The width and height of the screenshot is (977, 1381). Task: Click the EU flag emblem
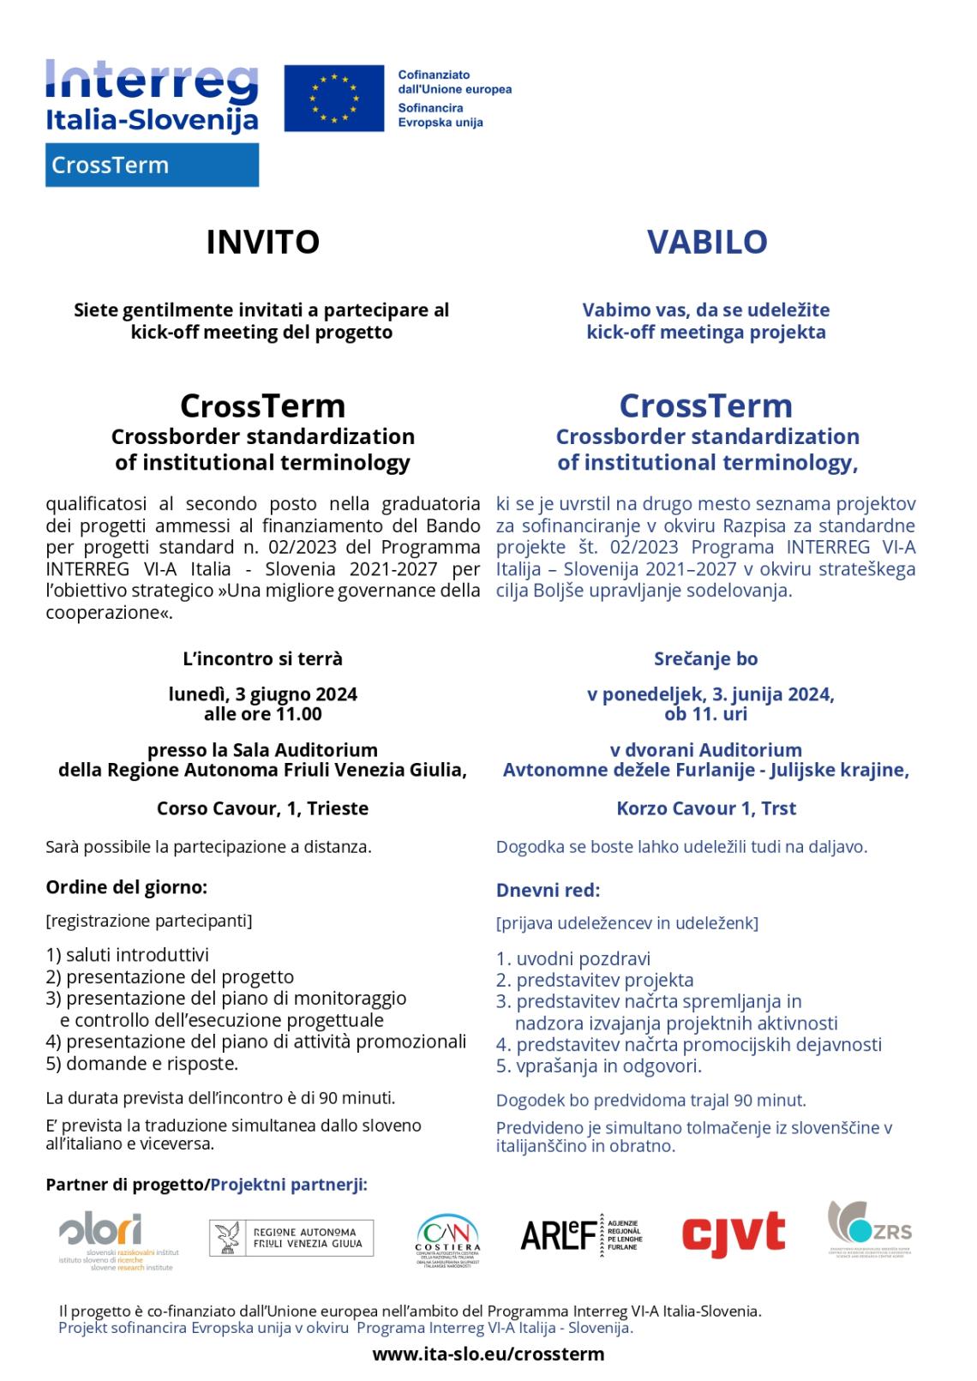[334, 99]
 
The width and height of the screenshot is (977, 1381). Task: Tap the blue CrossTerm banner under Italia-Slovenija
[152, 165]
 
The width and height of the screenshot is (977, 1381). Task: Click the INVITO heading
[262, 242]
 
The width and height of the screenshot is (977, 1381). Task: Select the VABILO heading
[706, 242]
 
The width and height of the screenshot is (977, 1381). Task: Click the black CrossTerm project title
[262, 405]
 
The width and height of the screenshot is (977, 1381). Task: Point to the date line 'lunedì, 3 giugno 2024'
[262, 694]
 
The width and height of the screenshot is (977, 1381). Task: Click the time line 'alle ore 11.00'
[262, 714]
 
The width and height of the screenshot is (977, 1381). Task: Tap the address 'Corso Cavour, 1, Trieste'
[262, 808]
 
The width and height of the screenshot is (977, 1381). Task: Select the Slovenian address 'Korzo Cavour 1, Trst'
[706, 808]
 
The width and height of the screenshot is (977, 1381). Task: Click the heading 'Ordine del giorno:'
[126, 886]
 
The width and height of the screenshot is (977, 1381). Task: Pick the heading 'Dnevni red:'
[548, 890]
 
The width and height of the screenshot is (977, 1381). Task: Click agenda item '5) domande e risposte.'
[141, 1064]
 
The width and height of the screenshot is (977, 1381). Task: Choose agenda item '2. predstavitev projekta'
[595, 980]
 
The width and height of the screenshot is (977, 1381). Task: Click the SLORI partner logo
[116, 1240]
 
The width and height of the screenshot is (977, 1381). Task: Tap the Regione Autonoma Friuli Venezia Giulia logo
[291, 1238]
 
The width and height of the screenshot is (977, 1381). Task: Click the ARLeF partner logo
[581, 1234]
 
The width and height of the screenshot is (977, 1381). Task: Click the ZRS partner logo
[870, 1231]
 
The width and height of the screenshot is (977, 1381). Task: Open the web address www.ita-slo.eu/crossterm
[488, 1354]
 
